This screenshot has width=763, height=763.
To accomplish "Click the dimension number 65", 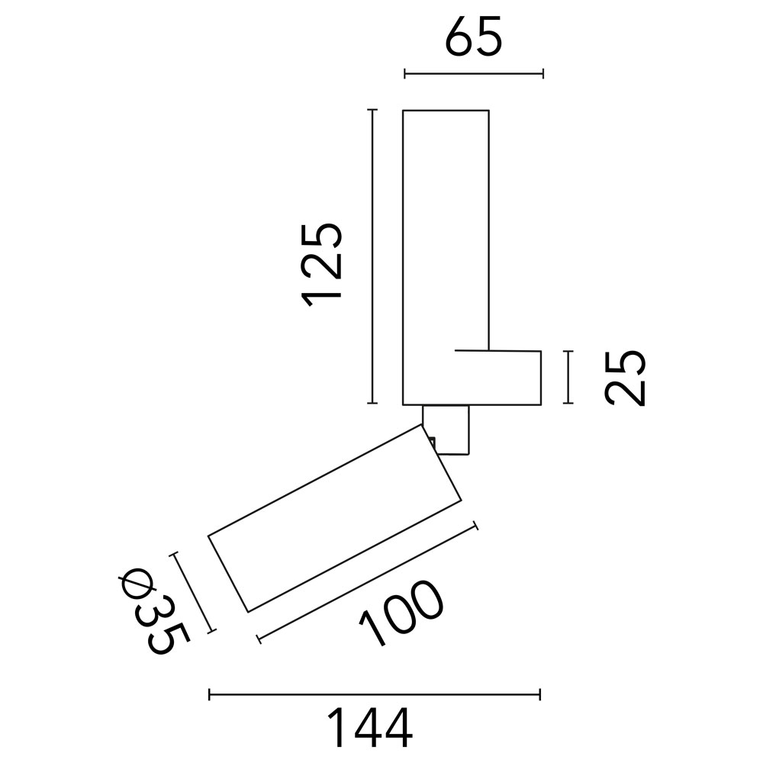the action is point(473,37).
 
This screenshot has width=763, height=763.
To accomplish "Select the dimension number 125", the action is point(321,266).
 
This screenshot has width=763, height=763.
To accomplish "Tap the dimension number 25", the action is point(625,378).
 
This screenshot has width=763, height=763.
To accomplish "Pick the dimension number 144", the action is point(370,728).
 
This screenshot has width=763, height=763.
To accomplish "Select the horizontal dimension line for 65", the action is point(474,74).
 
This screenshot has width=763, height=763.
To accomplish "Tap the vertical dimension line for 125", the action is point(372,256).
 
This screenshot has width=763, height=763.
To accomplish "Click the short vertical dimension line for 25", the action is point(568,377).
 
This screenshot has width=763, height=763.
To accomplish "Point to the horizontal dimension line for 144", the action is point(375,694).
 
